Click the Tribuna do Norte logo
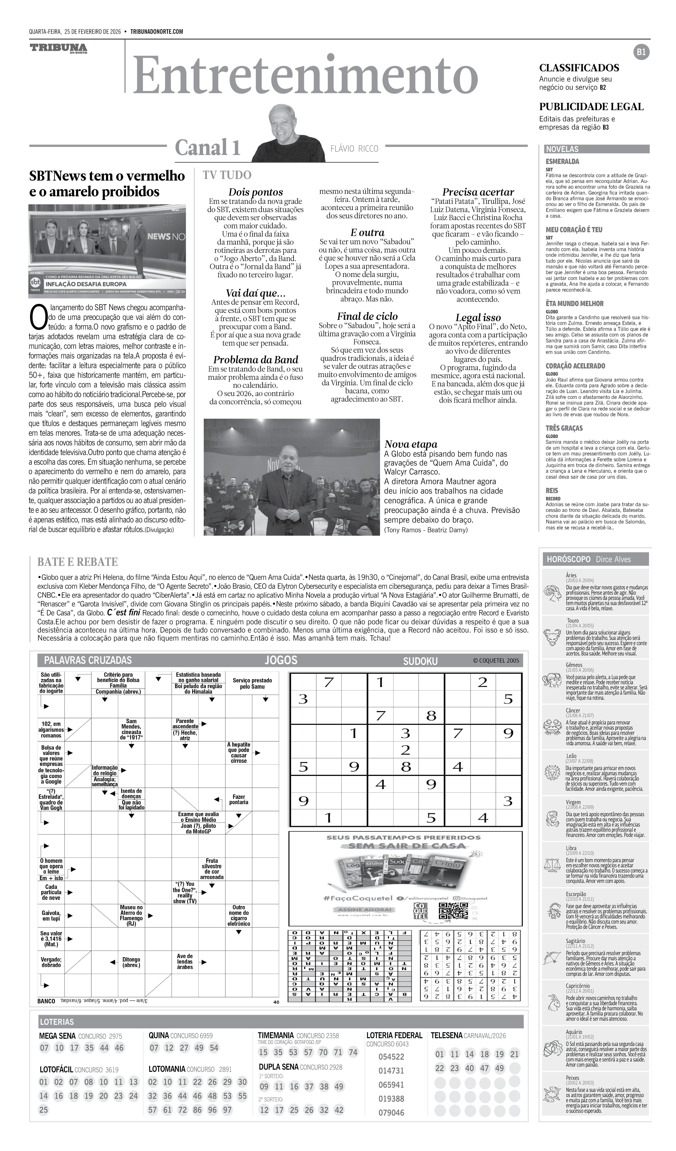(58, 48)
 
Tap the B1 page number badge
(641, 52)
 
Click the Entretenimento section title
(305, 75)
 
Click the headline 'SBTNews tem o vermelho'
(107, 176)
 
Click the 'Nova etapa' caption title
(411, 444)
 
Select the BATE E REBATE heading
(78, 562)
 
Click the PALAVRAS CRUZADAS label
(88, 660)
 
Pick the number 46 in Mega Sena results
(119, 1048)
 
